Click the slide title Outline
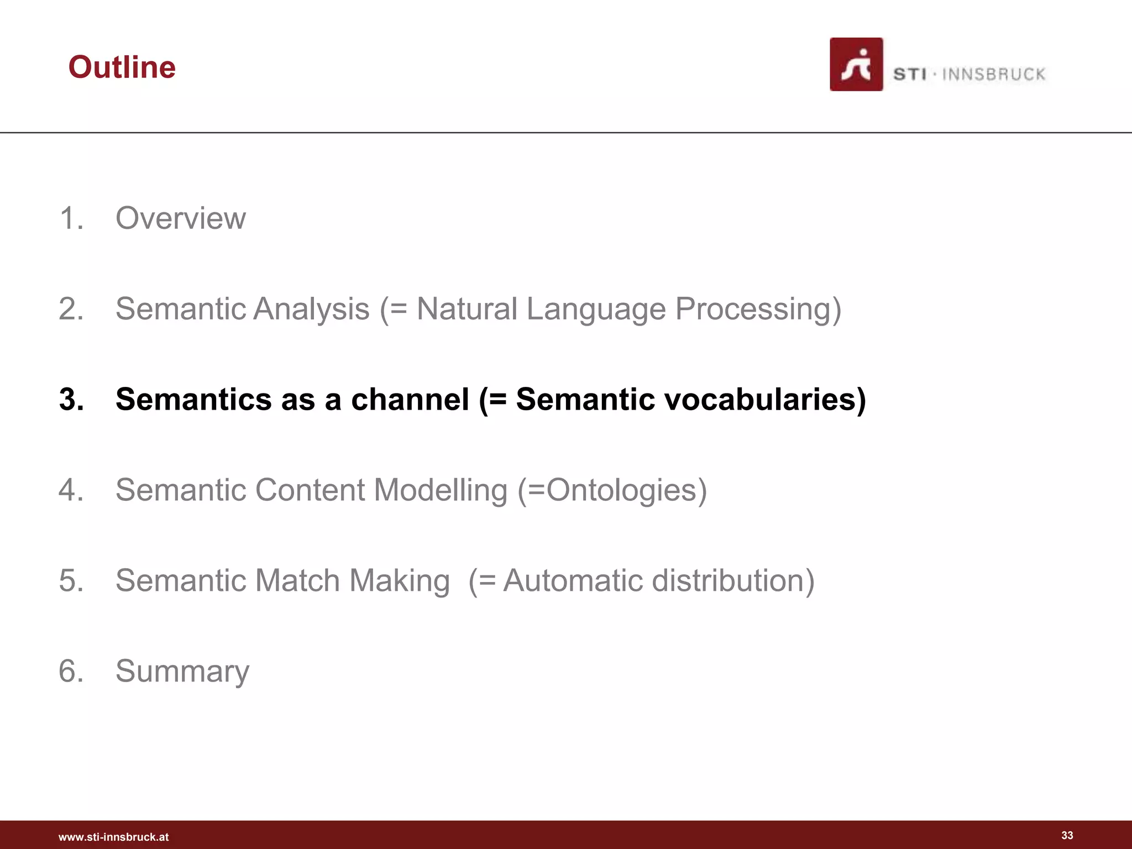point(122,67)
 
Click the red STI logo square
point(856,64)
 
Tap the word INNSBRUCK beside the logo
point(993,74)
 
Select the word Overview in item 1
point(180,218)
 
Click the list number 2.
point(71,308)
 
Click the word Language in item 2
point(596,308)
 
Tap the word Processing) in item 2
point(758,308)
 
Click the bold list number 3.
point(71,399)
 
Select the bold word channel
point(410,399)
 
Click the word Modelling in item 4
point(441,490)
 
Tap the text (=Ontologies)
point(612,490)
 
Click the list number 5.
point(71,580)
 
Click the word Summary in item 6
point(182,671)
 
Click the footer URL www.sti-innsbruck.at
point(113,837)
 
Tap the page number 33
point(1067,835)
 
